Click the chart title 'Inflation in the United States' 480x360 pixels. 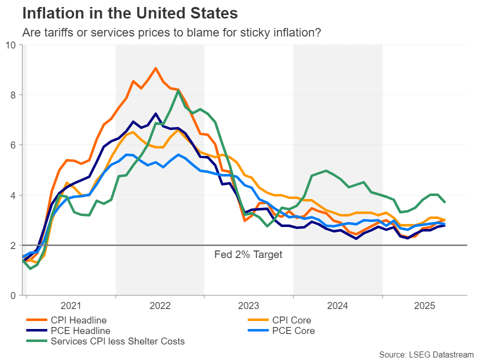pyautogui.click(x=130, y=12)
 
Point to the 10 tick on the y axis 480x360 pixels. pyautogui.click(x=11, y=45)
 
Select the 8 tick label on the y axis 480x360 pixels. pyautogui.click(x=13, y=95)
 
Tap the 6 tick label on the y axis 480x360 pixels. pyautogui.click(x=13, y=145)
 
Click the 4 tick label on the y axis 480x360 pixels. pyautogui.click(x=13, y=195)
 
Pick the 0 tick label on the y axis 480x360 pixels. pyautogui.click(x=13, y=295)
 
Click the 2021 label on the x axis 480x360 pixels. pyautogui.click(x=70, y=304)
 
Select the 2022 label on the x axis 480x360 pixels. pyautogui.click(x=160, y=304)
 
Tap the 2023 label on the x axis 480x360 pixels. pyautogui.click(x=248, y=304)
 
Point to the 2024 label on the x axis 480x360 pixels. pyautogui.click(x=337, y=304)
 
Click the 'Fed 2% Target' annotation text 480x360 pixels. pyautogui.click(x=248, y=255)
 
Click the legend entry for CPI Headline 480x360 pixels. pyautogui.click(x=78, y=320)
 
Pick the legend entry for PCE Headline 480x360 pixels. pyautogui.click(x=80, y=330)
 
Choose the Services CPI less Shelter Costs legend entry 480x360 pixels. pyautogui.click(x=117, y=341)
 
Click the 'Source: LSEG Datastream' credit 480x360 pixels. pyautogui.click(x=426, y=354)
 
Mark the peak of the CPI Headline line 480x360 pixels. pyautogui.click(x=155, y=68)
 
